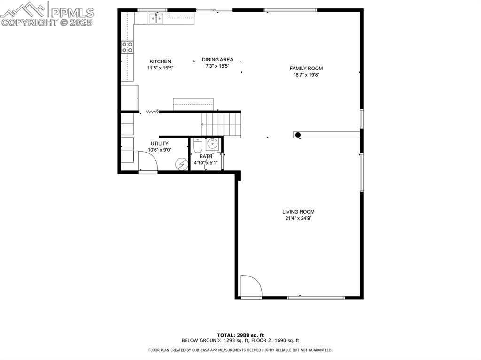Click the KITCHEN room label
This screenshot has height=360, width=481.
pyautogui.click(x=160, y=61)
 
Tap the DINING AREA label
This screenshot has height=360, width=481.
pyautogui.click(x=217, y=60)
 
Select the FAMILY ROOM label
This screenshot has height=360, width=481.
pyautogui.click(x=306, y=69)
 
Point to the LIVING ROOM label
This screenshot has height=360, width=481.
pyautogui.click(x=298, y=212)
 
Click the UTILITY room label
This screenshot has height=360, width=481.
pyautogui.click(x=159, y=144)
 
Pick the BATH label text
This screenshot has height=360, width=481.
pyautogui.click(x=206, y=157)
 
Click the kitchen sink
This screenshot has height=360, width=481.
pyautogui.click(x=156, y=18)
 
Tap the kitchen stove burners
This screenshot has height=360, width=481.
pyautogui.click(x=127, y=46)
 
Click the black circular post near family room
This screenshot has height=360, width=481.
pyautogui.click(x=298, y=135)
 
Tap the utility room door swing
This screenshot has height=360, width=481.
pyautogui.click(x=147, y=161)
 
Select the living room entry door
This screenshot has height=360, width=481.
pyautogui.click(x=250, y=286)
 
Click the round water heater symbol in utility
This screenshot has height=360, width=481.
pyautogui.click(x=181, y=164)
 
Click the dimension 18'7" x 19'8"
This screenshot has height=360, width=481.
pyautogui.click(x=306, y=75)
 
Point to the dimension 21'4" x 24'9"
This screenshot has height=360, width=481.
pyautogui.click(x=298, y=218)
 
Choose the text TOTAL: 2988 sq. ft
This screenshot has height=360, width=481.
pyautogui.click(x=240, y=335)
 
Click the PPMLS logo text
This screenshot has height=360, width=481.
pyautogui.click(x=73, y=12)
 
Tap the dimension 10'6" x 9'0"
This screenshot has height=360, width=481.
pyautogui.click(x=159, y=150)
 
